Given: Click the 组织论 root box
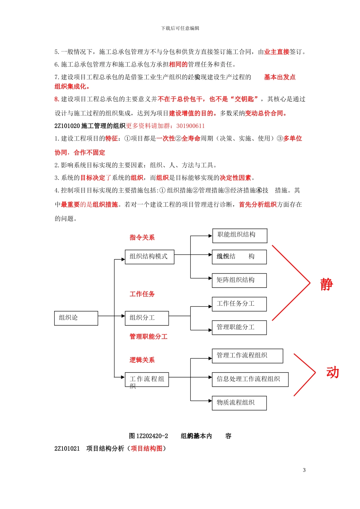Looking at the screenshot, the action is pyautogui.click(x=76, y=318).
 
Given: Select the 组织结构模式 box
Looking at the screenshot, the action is pyautogui.click(x=149, y=257).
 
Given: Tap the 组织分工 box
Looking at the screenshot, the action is pyautogui.click(x=147, y=318).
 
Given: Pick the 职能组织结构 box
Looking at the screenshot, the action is pyautogui.click(x=239, y=236).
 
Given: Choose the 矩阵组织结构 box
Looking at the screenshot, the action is pyautogui.click(x=239, y=280).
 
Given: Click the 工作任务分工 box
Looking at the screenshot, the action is pyautogui.click(x=239, y=304).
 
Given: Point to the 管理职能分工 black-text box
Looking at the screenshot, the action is pyautogui.click(x=239, y=327).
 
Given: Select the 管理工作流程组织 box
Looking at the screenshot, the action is pyautogui.click(x=247, y=356).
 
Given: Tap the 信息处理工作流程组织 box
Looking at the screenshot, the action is pyautogui.click(x=250, y=379).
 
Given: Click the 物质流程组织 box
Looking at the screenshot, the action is pyautogui.click(x=239, y=403).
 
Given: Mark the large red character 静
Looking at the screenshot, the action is pyautogui.click(x=326, y=284).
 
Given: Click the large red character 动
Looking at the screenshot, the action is pyautogui.click(x=332, y=373).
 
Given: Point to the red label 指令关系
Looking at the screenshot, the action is pyautogui.click(x=142, y=237).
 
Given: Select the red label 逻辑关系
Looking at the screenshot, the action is pyautogui.click(x=142, y=360).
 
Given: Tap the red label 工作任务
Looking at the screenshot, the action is pyautogui.click(x=142, y=294).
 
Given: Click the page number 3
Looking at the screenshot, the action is pyautogui.click(x=304, y=470).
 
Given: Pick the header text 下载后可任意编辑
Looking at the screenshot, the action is pyautogui.click(x=180, y=28).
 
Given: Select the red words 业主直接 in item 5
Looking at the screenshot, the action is pyautogui.click(x=277, y=52).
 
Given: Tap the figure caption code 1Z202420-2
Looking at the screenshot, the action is pyautogui.click(x=152, y=436).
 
